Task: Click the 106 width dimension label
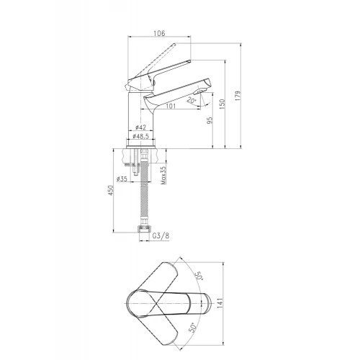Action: pos(160,33)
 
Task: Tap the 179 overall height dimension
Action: pos(238,96)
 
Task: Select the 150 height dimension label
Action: pos(222,104)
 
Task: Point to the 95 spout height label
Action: pos(210,121)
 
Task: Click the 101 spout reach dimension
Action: pos(171,106)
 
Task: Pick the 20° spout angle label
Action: pos(192,100)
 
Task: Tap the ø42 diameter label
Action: pos(140,127)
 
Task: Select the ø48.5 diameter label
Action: pos(141,136)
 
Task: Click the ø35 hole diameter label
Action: pos(122,179)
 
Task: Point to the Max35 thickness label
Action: pos(163,176)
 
